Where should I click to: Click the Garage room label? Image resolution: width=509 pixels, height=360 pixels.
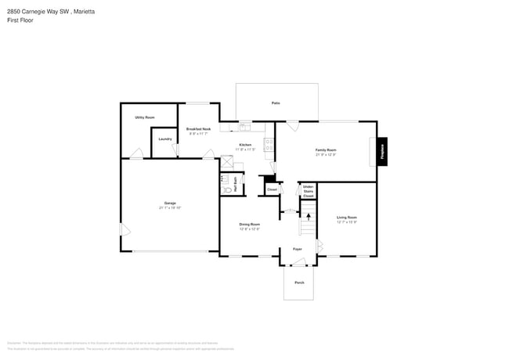(170, 203)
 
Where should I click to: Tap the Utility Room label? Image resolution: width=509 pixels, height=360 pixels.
(144, 117)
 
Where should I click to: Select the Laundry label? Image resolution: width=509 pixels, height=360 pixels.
(164, 139)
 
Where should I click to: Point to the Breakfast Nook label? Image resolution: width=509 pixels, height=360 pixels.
(198, 129)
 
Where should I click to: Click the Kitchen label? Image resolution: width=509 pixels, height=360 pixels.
(245, 146)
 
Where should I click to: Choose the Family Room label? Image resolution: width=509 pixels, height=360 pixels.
(326, 149)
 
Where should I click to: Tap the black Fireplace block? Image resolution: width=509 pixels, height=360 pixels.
(383, 149)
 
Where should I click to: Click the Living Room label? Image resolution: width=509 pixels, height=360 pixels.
(346, 218)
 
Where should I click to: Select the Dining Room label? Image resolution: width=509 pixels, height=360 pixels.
(249, 225)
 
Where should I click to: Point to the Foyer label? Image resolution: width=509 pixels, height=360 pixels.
(298, 249)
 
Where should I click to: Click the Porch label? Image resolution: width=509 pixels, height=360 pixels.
(298, 283)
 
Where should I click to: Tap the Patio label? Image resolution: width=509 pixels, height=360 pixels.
(276, 103)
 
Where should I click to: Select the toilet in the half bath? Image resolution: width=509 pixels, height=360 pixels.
(226, 189)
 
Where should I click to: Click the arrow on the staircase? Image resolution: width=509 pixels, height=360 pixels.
(308, 215)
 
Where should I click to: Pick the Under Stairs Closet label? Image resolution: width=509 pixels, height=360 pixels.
(308, 190)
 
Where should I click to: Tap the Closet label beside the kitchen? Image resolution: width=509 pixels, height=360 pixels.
(272, 189)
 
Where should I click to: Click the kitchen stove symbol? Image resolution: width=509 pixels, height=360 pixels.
(268, 144)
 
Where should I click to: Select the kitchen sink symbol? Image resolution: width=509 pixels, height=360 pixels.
(245, 125)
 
